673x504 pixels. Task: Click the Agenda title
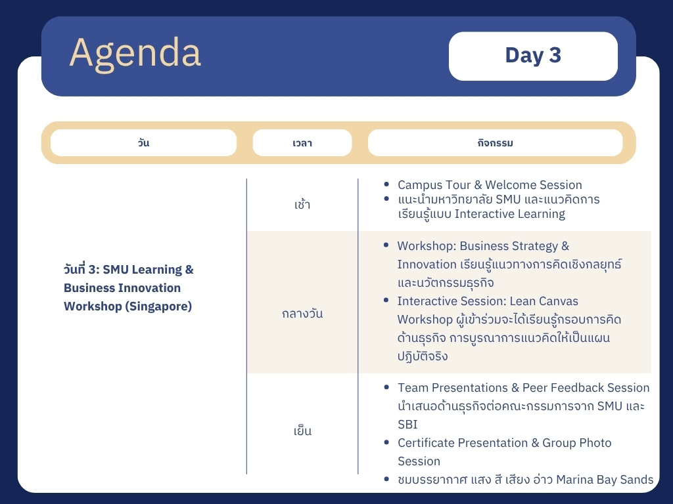[135, 53]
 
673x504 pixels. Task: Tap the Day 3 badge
[533, 56]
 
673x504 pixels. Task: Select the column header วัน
[143, 142]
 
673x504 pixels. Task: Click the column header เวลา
[302, 142]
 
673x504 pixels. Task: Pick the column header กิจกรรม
[496, 142]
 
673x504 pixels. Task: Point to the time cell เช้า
[302, 205]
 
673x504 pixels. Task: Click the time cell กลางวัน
[302, 314]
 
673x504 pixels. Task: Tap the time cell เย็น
[302, 430]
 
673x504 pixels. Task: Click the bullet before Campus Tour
[386, 184]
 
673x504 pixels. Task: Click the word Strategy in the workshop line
[525, 246]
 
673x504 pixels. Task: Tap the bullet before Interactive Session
[386, 301]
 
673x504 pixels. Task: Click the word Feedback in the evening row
[576, 387]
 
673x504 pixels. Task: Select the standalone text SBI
[407, 425]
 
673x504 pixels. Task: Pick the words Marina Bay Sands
[605, 480]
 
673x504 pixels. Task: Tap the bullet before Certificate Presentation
[386, 442]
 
